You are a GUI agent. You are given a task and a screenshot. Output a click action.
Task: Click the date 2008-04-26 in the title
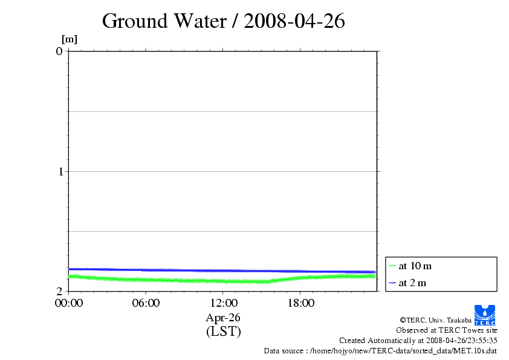pyautogui.click(x=294, y=21)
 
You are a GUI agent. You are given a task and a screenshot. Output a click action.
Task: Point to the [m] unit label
pyautogui.click(x=70, y=39)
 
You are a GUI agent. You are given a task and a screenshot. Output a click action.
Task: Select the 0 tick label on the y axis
pyautogui.click(x=59, y=51)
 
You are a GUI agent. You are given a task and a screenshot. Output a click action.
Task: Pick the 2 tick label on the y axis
pyautogui.click(x=59, y=291)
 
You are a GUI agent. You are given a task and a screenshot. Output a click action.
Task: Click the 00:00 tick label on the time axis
pyautogui.click(x=68, y=303)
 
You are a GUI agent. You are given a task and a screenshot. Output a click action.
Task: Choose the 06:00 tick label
pyautogui.click(x=146, y=303)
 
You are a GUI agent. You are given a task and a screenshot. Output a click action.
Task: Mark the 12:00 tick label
pyautogui.click(x=223, y=303)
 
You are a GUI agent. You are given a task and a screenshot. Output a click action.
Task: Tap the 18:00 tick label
pyautogui.click(x=300, y=303)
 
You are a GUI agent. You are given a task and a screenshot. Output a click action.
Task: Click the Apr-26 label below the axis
pyautogui.click(x=223, y=318)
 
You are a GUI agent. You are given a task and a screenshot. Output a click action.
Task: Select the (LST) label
pyautogui.click(x=223, y=332)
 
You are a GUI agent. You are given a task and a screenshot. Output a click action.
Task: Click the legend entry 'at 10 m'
pyautogui.click(x=415, y=266)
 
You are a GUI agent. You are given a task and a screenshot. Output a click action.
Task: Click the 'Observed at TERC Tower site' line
pyautogui.click(x=446, y=330)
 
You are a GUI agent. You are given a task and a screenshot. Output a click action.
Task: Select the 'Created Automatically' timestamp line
pyautogui.click(x=418, y=340)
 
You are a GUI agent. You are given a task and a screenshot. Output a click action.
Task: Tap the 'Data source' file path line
pyautogui.click(x=380, y=350)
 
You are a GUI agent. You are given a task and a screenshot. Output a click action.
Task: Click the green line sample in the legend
pyautogui.click(x=392, y=266)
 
